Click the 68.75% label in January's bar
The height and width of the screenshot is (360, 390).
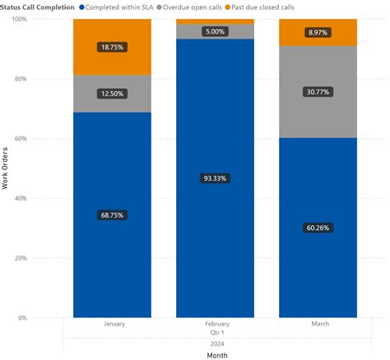pyautogui.click(x=112, y=215)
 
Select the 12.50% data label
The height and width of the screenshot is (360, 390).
pyautogui.click(x=112, y=95)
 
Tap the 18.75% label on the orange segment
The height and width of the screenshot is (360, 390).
pyautogui.click(x=112, y=48)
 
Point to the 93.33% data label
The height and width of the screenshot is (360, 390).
pyautogui.click(x=215, y=178)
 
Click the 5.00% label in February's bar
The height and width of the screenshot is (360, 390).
pyautogui.click(x=215, y=31)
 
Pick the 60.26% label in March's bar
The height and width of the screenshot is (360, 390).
pyautogui.click(x=318, y=228)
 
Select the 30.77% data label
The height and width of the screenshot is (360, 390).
pyautogui.click(x=318, y=92)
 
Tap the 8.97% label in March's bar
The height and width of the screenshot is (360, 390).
pyautogui.click(x=318, y=32)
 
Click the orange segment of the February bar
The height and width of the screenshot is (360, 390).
pyautogui.click(x=215, y=21)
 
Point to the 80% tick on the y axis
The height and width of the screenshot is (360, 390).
pyautogui.click(x=18, y=79)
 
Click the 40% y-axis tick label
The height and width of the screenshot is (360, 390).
pyautogui.click(x=18, y=198)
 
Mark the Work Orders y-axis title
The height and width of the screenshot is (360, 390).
pyautogui.click(x=6, y=168)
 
